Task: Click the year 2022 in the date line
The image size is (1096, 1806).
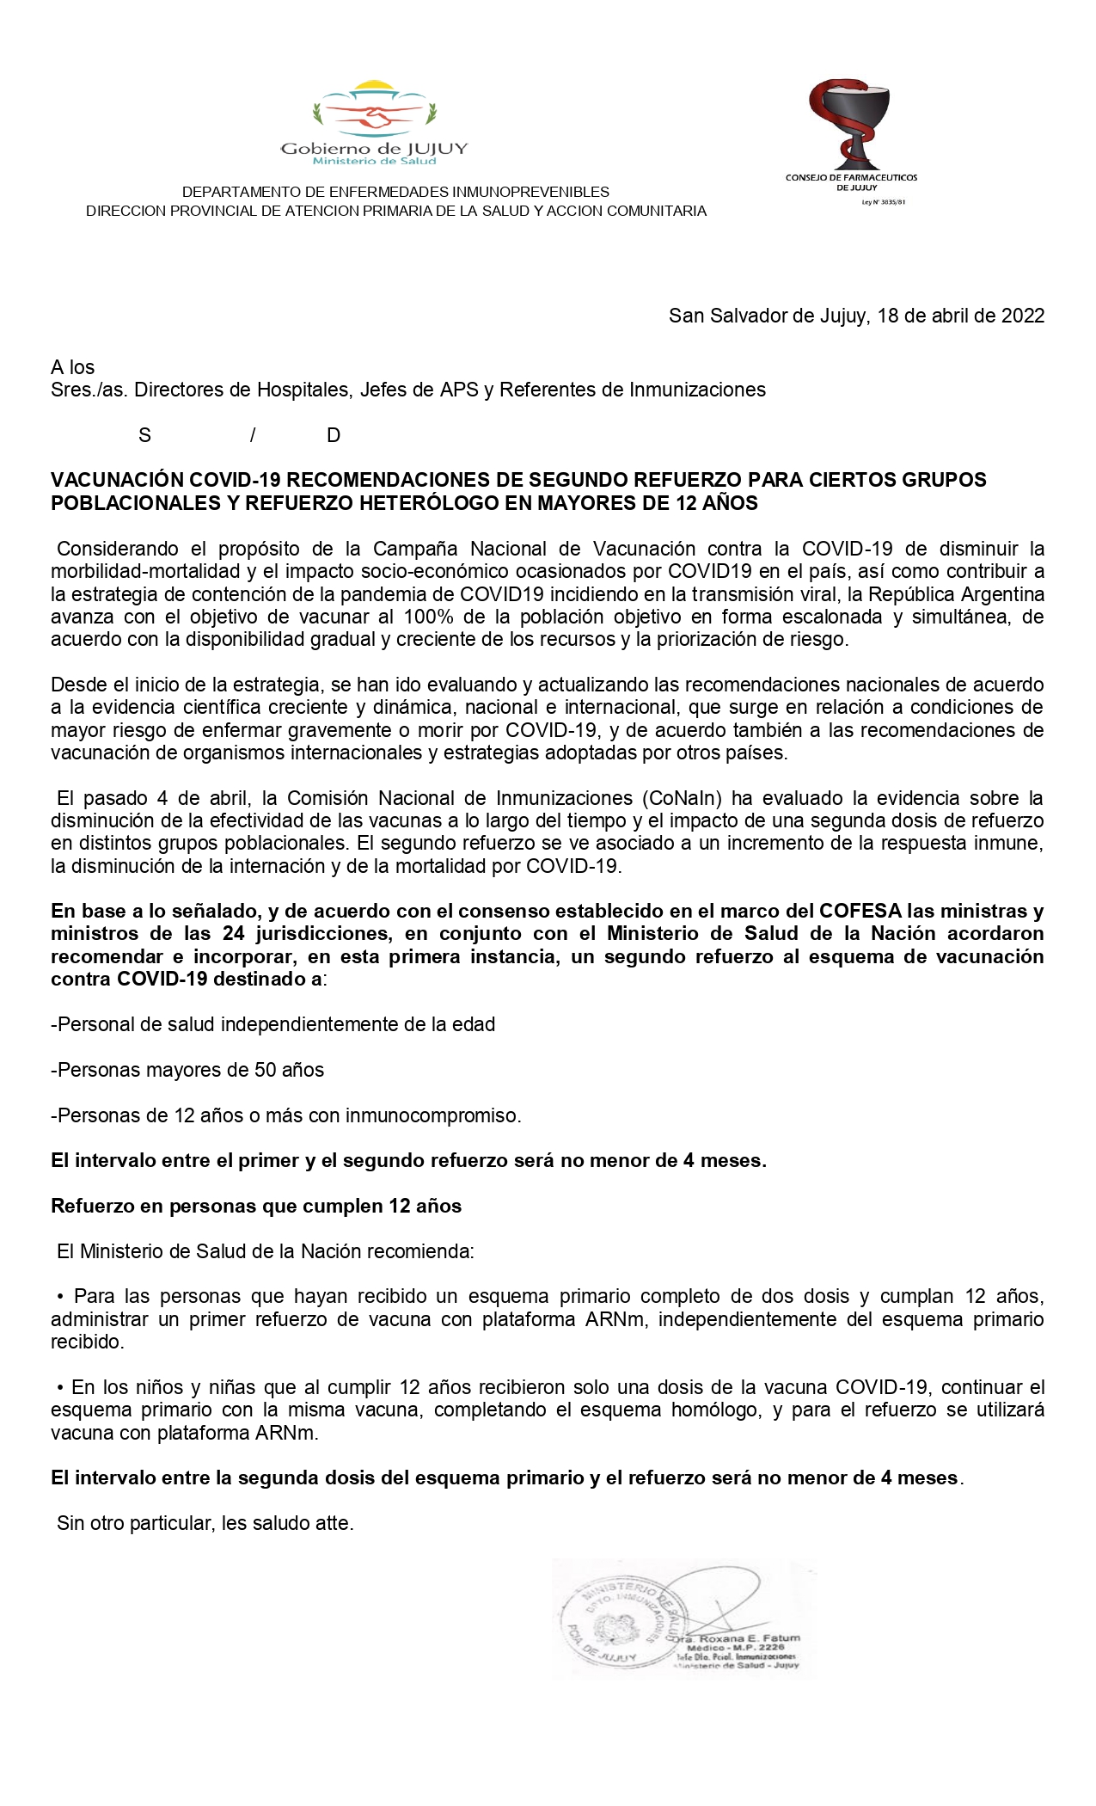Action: tap(1023, 316)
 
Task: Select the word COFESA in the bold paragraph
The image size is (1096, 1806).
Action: tap(860, 911)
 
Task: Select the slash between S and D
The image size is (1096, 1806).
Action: tap(253, 435)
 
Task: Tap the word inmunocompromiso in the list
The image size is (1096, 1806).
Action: tap(432, 1115)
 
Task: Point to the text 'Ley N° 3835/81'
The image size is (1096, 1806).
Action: tap(884, 203)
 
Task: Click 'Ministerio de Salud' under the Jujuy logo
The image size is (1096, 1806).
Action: tap(374, 161)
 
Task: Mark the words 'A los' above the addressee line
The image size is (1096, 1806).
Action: tap(73, 367)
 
